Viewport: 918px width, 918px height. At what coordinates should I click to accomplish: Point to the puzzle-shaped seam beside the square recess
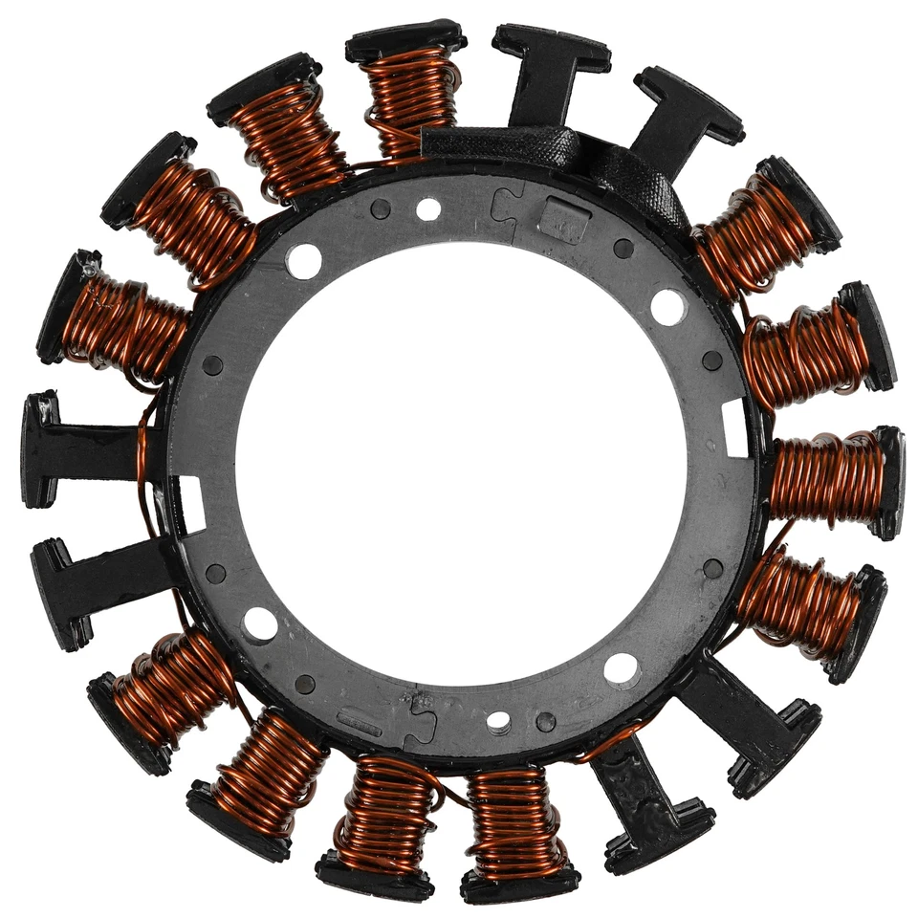click(504, 205)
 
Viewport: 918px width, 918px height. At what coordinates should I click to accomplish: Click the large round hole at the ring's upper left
click(304, 260)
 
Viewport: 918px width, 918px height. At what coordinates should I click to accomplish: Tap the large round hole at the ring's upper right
click(667, 306)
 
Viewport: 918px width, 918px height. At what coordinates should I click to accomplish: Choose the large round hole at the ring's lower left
click(260, 623)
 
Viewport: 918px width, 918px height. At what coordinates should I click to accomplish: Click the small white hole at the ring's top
click(428, 209)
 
